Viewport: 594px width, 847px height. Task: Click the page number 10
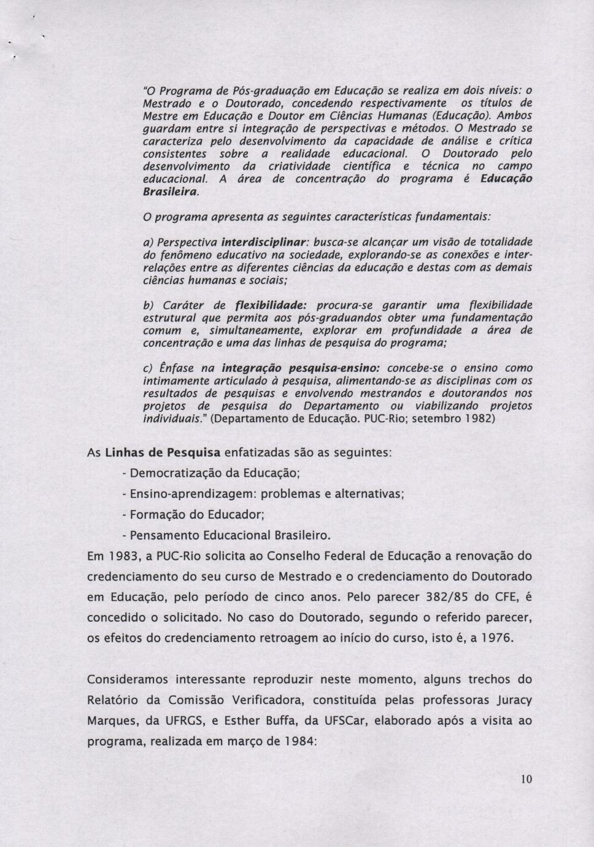526,779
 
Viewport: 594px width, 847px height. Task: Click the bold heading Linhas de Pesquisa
163,453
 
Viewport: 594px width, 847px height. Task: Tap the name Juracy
509,700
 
